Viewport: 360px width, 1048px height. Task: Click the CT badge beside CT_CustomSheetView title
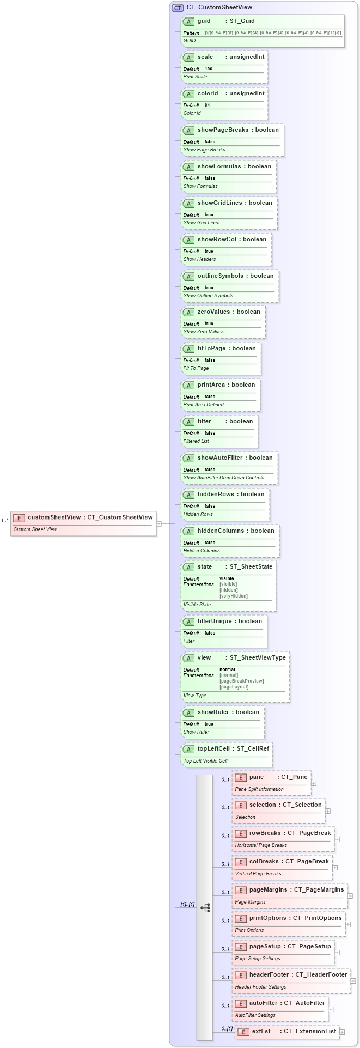click(x=178, y=8)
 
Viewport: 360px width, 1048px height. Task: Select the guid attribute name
click(x=204, y=21)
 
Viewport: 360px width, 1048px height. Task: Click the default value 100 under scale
click(x=209, y=69)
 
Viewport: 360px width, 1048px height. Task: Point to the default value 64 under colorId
click(x=208, y=106)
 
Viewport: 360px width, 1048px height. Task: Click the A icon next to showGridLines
click(x=188, y=203)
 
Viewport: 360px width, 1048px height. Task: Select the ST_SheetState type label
click(x=251, y=567)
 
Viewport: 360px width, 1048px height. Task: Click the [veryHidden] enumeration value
click(x=233, y=596)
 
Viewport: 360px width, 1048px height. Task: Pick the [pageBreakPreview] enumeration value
click(x=241, y=681)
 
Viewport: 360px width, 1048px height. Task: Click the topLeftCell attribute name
click(x=213, y=749)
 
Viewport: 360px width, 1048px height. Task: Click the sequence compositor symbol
click(x=205, y=907)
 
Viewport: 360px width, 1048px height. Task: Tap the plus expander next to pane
click(x=314, y=783)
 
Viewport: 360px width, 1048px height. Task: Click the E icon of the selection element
click(x=240, y=805)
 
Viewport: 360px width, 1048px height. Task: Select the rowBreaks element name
click(x=265, y=833)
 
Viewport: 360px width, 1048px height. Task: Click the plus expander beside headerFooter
click(x=353, y=981)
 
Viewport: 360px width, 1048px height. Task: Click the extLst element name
click(x=261, y=1031)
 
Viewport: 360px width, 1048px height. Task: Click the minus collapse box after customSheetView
click(x=159, y=523)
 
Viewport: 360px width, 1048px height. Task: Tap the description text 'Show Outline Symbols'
click(x=208, y=296)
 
